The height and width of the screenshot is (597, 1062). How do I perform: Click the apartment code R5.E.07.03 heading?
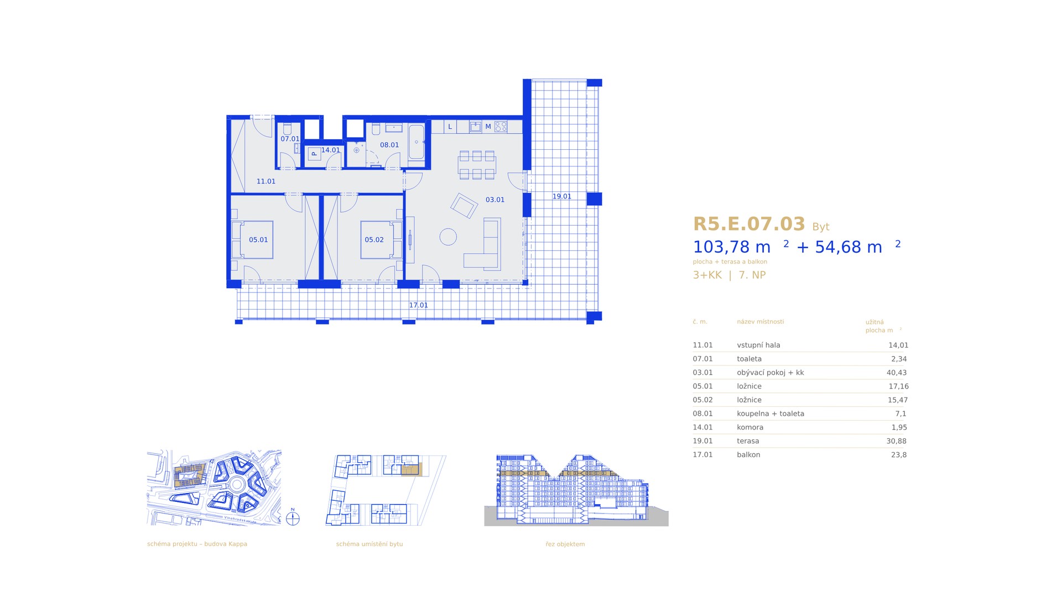[749, 224]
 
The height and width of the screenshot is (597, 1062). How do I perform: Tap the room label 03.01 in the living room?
[495, 200]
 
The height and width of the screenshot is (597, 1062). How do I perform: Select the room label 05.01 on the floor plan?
[258, 240]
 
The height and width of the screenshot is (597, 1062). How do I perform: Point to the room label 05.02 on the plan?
[374, 240]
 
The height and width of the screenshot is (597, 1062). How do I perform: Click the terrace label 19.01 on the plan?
[561, 196]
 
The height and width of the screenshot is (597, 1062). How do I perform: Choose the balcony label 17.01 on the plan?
[418, 305]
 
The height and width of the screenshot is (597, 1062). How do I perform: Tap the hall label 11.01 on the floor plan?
[266, 181]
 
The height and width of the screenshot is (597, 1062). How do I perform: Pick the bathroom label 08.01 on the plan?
[389, 145]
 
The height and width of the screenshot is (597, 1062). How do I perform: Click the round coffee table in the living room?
[448, 237]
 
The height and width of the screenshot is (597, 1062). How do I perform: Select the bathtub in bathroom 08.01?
[417, 142]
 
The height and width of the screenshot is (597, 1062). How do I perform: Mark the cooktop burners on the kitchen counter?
[501, 127]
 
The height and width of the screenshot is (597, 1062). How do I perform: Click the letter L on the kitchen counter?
[450, 127]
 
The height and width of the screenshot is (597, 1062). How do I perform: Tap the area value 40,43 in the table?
[897, 373]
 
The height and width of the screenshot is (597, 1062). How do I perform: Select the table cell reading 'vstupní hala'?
[758, 345]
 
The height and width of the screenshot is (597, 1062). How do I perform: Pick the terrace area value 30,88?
[897, 441]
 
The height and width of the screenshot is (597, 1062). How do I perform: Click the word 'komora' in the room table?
[750, 427]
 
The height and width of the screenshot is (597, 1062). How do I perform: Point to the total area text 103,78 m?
[732, 247]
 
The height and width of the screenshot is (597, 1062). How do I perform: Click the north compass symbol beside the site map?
[293, 519]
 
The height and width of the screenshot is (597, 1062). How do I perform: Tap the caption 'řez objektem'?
[565, 544]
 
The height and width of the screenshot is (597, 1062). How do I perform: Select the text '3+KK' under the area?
[707, 275]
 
